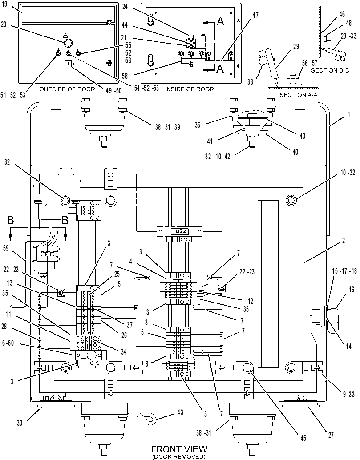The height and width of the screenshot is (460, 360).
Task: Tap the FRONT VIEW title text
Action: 179,449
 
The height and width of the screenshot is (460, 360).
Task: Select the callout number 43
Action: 180,412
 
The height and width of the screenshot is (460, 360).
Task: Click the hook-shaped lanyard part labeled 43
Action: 147,418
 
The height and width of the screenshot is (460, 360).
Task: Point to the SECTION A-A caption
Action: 299,95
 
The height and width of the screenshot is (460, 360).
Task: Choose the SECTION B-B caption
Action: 330,70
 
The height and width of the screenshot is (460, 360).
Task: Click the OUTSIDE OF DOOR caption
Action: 67,89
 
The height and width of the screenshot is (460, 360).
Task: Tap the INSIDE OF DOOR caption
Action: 189,89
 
